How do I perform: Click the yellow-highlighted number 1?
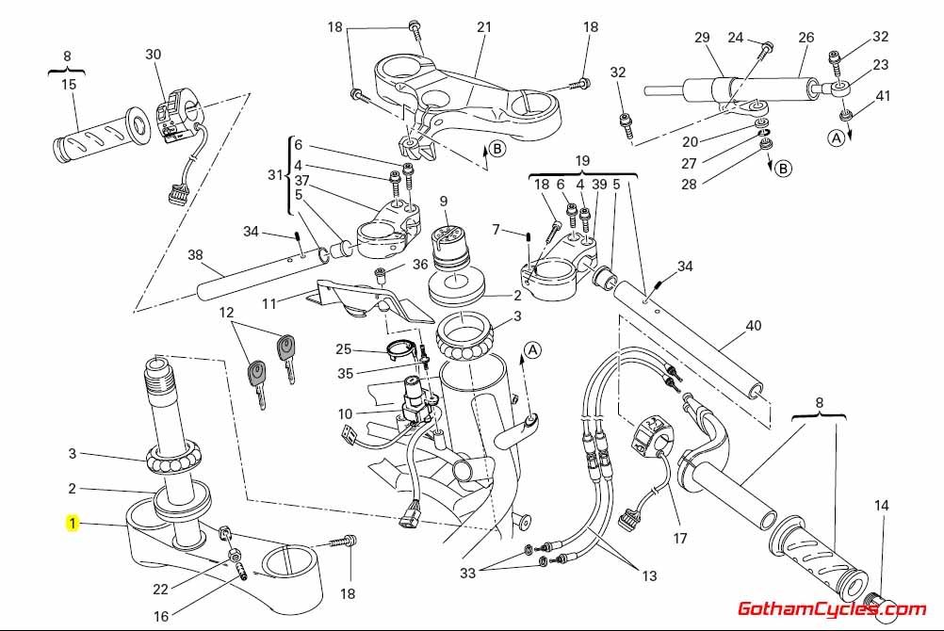click(x=73, y=523)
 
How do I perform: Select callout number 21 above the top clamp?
click(x=483, y=27)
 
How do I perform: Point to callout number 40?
click(x=753, y=327)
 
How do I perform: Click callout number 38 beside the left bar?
click(x=195, y=254)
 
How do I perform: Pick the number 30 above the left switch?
click(x=154, y=55)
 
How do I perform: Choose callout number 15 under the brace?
click(x=69, y=85)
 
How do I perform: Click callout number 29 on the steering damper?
click(x=702, y=38)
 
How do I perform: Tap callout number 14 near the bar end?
click(x=881, y=506)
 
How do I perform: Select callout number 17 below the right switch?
click(x=679, y=540)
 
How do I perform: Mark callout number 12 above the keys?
click(x=226, y=312)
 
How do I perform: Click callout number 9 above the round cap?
click(x=443, y=201)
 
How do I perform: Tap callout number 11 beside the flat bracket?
click(x=269, y=304)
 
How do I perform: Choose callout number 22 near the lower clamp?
click(x=161, y=590)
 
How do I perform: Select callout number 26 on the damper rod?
click(x=806, y=38)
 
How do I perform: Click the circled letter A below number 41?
click(x=836, y=138)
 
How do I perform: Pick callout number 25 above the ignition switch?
click(x=343, y=349)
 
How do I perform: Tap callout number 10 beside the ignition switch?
click(x=345, y=413)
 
